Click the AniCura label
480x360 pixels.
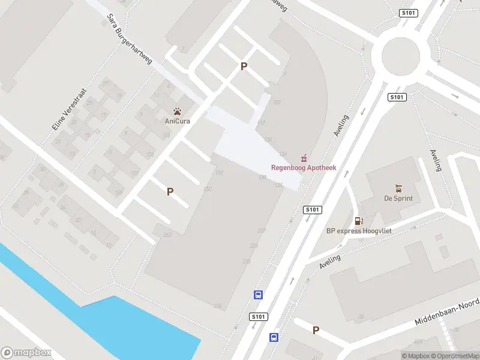pos(178,121)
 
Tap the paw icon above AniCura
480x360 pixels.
pos(178,111)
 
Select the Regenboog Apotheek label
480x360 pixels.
pos(304,167)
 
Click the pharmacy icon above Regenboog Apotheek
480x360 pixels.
pos(304,158)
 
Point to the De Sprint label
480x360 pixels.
pos(398,198)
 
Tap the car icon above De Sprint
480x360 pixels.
pos(398,188)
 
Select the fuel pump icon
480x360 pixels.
pos(359,221)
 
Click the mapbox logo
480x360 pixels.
pos(26,353)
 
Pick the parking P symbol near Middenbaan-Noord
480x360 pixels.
pos(316,330)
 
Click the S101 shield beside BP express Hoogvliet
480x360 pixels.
pos(313,209)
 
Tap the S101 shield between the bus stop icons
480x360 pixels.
pos(258,316)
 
